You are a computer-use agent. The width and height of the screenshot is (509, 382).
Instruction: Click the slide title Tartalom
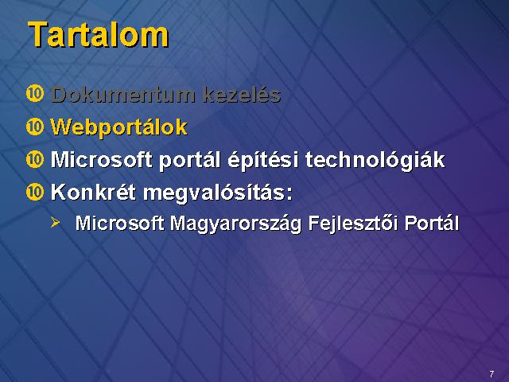click(x=99, y=35)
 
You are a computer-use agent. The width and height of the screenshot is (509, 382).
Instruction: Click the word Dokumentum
click(x=123, y=95)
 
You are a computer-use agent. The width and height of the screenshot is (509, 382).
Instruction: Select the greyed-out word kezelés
click(x=242, y=95)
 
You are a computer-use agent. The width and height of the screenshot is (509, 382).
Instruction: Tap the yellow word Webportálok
click(x=119, y=127)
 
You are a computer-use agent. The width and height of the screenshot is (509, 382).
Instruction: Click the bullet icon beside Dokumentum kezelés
click(x=35, y=94)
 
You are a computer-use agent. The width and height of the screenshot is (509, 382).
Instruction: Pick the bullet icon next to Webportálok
click(x=35, y=127)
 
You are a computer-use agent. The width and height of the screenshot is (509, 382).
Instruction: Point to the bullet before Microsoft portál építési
click(x=35, y=159)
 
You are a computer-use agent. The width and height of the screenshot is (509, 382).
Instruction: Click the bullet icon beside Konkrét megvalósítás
click(x=35, y=192)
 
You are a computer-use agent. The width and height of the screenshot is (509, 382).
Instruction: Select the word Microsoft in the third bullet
click(x=101, y=159)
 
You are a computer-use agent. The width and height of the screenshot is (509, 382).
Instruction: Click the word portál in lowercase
click(x=189, y=161)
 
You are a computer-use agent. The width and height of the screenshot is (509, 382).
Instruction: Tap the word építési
click(x=263, y=161)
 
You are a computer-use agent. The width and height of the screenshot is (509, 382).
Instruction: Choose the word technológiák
click(x=375, y=161)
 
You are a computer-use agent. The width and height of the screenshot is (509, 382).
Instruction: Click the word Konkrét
click(x=93, y=192)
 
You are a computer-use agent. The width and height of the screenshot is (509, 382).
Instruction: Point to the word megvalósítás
click(x=217, y=193)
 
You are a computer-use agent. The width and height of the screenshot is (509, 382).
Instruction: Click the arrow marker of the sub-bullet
click(x=55, y=223)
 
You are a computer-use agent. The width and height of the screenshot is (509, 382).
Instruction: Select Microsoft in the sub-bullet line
click(x=120, y=224)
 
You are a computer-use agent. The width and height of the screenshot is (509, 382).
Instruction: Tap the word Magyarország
click(x=235, y=224)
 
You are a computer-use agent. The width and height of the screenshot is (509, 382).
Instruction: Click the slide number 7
click(x=492, y=373)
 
